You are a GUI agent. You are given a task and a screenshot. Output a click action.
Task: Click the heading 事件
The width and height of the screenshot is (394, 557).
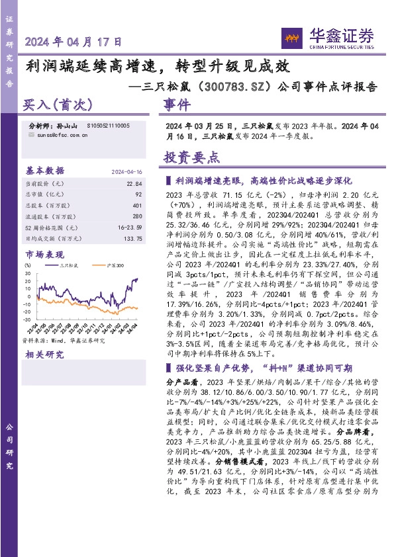click(177, 105)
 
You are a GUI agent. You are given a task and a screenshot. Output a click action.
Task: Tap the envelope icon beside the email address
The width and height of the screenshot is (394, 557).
click(33, 134)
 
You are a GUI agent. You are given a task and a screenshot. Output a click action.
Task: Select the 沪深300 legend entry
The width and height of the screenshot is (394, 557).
click(113, 265)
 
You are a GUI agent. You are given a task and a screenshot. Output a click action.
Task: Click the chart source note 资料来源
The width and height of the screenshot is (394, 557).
click(64, 340)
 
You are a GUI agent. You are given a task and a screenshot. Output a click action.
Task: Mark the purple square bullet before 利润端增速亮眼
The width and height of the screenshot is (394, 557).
click(169, 180)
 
